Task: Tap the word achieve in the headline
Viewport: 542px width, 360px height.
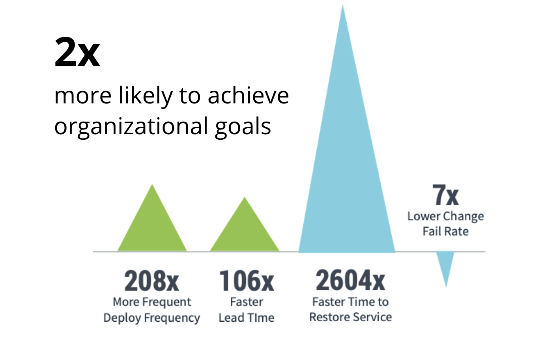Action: pyautogui.click(x=248, y=96)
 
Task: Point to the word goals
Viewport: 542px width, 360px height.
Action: pyautogui.click(x=243, y=127)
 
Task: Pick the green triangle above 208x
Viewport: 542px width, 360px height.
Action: pyautogui.click(x=152, y=225)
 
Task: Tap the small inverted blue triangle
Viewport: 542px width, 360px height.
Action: pyautogui.click(x=445, y=264)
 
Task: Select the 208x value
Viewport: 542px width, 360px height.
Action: pyautogui.click(x=151, y=281)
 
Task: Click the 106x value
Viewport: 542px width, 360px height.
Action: pyautogui.click(x=247, y=281)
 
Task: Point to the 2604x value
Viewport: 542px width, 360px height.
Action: pyautogui.click(x=350, y=280)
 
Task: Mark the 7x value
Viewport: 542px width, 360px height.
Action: pyautogui.click(x=445, y=195)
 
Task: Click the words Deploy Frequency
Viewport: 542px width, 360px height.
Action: pyautogui.click(x=151, y=318)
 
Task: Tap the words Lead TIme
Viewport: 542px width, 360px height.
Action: pyautogui.click(x=247, y=318)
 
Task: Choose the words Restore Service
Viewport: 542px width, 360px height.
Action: pyautogui.click(x=350, y=317)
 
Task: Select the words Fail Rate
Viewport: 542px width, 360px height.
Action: pyautogui.click(x=445, y=231)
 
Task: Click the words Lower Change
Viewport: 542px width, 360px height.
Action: pyautogui.click(x=445, y=216)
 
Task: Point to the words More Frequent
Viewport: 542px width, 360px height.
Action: pyautogui.click(x=151, y=302)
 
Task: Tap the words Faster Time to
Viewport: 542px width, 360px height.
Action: pyautogui.click(x=350, y=302)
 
